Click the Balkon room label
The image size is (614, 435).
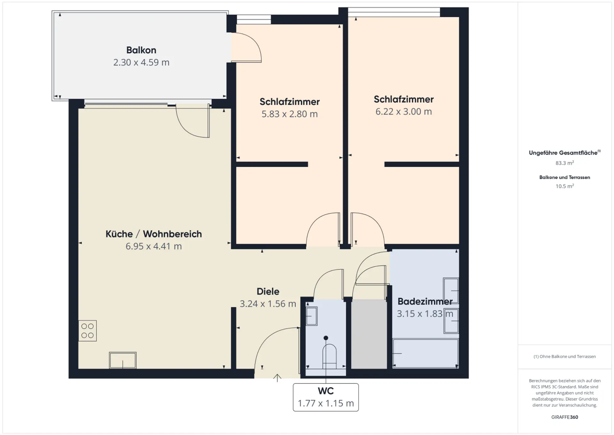(141, 50)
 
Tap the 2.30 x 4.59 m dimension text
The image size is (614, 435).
(141, 62)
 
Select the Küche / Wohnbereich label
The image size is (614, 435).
(153, 234)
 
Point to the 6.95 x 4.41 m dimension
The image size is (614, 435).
(153, 246)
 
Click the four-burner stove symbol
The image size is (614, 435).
(87, 331)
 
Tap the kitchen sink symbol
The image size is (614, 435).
(123, 360)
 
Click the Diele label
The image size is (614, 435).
(268, 291)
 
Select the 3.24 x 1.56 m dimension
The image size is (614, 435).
(268, 304)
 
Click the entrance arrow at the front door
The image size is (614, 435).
(277, 378)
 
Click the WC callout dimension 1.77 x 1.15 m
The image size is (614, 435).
(326, 403)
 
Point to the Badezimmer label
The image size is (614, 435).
(425, 301)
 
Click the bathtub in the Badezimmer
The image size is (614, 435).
(425, 353)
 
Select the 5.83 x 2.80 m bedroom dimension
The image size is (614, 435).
(289, 114)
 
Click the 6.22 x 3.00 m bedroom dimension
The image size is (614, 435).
(404, 111)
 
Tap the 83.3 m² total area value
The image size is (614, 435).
(565, 163)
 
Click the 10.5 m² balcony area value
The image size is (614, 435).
(565, 186)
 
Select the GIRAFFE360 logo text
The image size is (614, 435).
(565, 417)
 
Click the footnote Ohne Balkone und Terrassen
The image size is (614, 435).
(565, 357)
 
